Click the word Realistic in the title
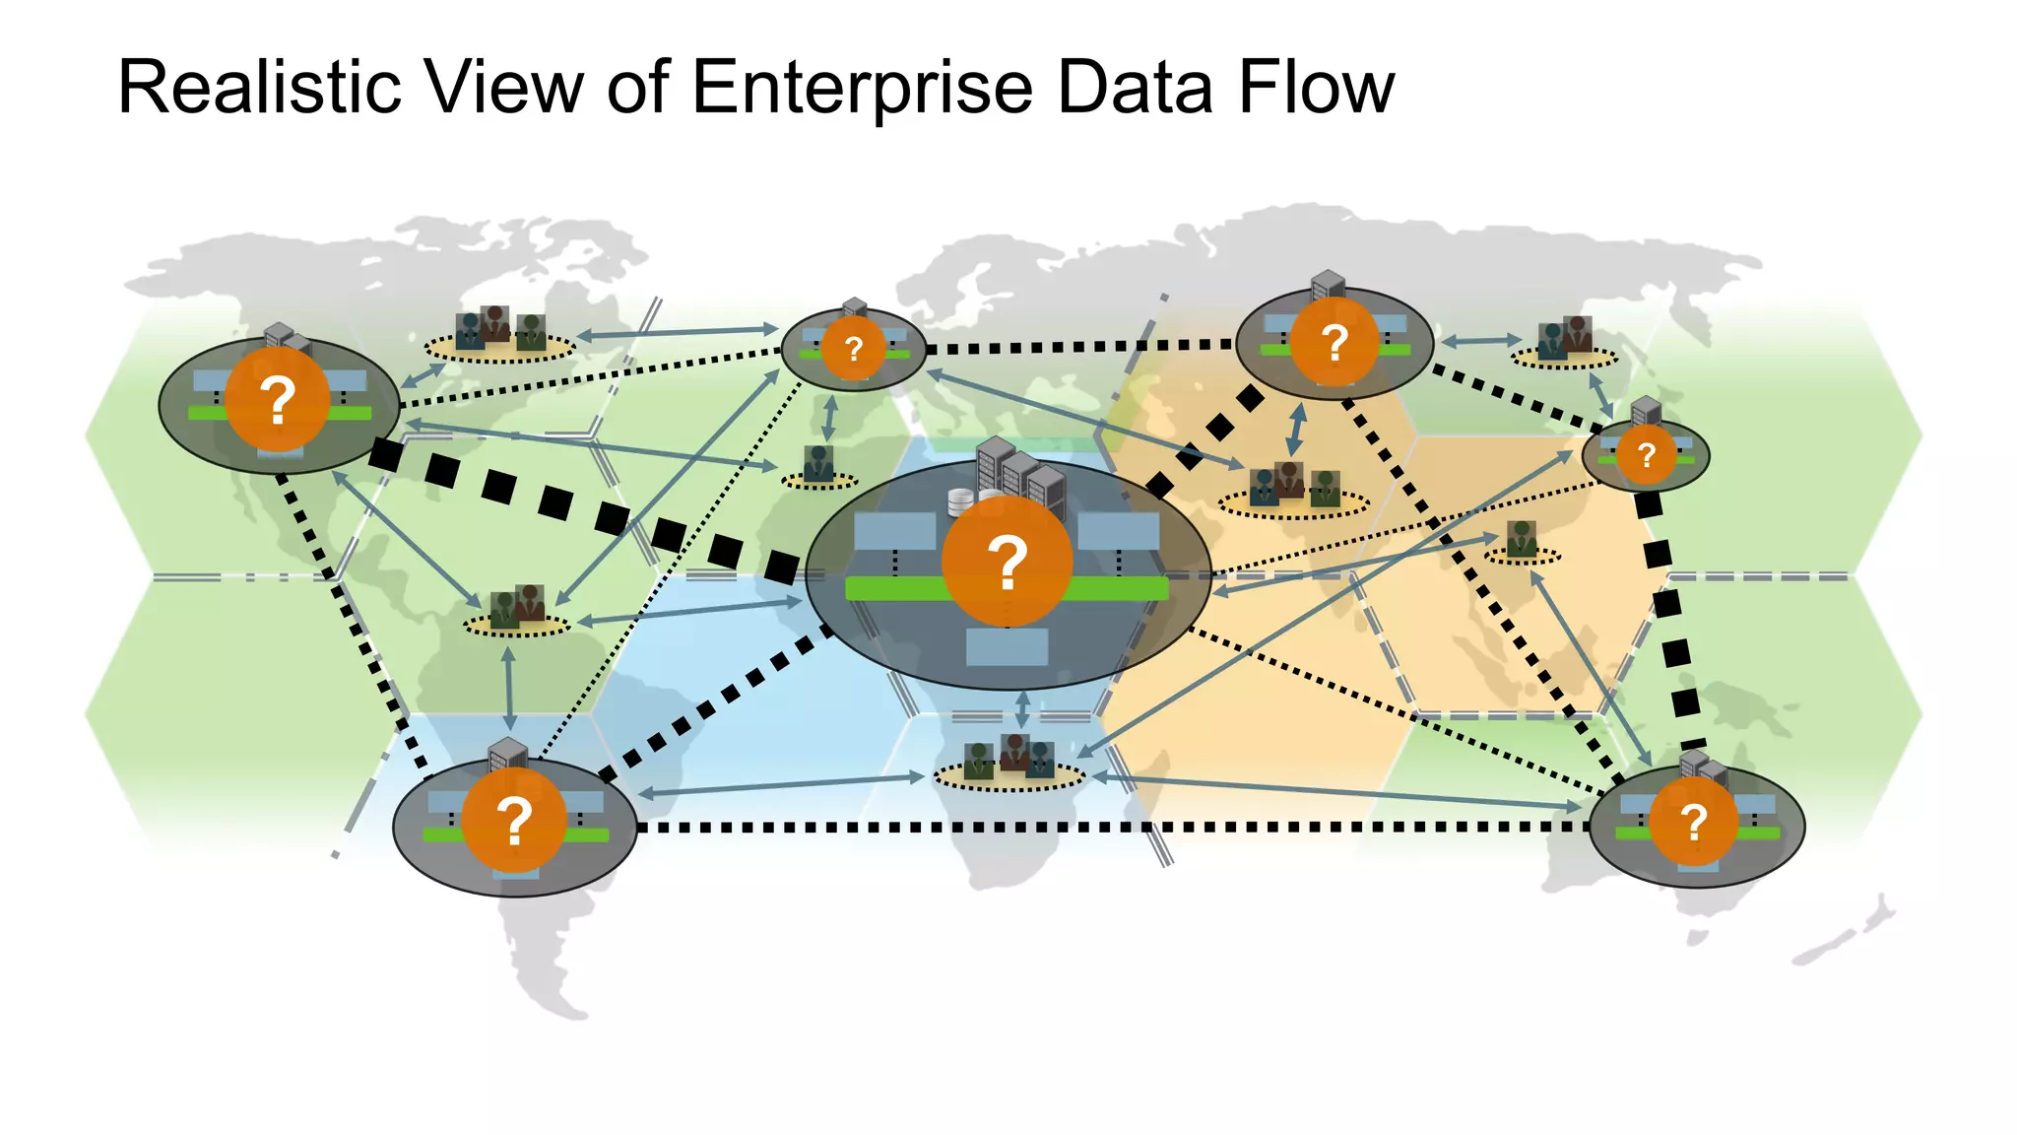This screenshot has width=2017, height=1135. (x=258, y=89)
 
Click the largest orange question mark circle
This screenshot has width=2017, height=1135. (x=1007, y=562)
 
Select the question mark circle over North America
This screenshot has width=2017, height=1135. (x=277, y=400)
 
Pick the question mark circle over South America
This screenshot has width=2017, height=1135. (x=514, y=821)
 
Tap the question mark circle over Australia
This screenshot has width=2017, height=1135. (x=1693, y=822)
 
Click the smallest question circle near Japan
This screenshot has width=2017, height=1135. (x=1646, y=455)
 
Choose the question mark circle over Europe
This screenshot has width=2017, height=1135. (x=854, y=348)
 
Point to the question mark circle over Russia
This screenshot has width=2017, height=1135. (x=1334, y=342)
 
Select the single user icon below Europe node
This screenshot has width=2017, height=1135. (x=818, y=464)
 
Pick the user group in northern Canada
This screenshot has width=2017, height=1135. (x=499, y=330)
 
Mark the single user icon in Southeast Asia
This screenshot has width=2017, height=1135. (x=1522, y=540)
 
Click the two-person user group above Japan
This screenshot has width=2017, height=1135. (x=1565, y=338)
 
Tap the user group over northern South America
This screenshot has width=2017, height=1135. (x=517, y=607)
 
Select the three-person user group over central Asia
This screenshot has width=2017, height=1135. (x=1293, y=486)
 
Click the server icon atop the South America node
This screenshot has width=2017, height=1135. (x=508, y=756)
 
